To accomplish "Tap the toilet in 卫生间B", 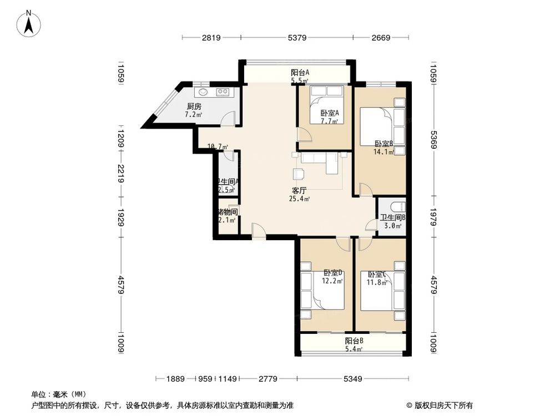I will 396,205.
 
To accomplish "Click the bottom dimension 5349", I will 352,379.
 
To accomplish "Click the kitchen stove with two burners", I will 223,92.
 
